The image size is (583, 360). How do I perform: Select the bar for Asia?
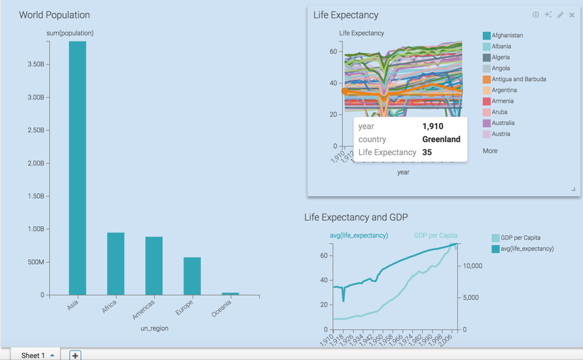pos(78,168)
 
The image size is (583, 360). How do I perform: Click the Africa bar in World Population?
pos(116,263)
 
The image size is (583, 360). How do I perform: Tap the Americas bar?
pos(154,266)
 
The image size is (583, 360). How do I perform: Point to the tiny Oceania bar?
pos(230,294)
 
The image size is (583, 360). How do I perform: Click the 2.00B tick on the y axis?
pos(36,163)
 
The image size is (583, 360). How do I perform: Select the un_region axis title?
pos(154,328)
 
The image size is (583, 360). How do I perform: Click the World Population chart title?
pos(55,15)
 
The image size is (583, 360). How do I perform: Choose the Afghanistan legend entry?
pos(507,36)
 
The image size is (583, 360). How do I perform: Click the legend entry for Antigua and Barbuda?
pos(518,79)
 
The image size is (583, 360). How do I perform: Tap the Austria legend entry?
pos(500,134)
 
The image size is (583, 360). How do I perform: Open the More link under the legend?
pos(490,151)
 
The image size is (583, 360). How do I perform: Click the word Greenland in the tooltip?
pos(441,139)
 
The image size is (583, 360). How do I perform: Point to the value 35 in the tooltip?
pos(427,152)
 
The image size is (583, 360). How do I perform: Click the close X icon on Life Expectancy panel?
pos(572,15)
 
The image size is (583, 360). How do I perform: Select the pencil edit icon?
pos(560,15)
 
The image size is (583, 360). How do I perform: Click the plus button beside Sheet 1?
pos(75,355)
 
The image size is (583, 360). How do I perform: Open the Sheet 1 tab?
pos(33,355)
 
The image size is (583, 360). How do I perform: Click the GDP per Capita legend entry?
pos(520,238)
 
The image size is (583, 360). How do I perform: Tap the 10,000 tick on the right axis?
pos(472,266)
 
